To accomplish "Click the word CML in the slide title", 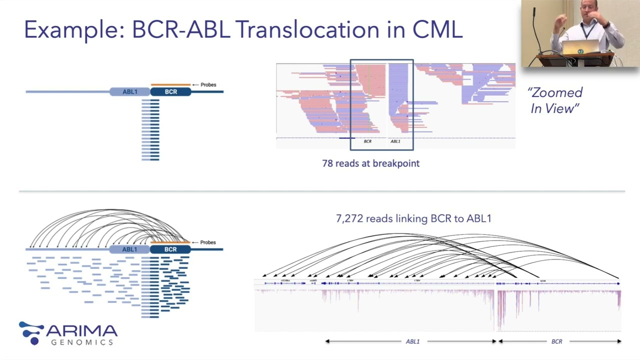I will tap(437, 30).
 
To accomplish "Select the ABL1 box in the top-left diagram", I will tap(130, 92).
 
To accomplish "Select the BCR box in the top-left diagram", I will tap(171, 92).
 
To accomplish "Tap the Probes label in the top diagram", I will tap(208, 84).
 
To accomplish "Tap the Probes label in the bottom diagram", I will tap(208, 242).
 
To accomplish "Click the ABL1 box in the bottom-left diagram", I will tap(129, 249).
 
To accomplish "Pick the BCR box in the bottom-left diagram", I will tap(170, 249).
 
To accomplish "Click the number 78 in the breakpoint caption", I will tap(327, 163).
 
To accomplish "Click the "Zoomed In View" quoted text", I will tap(555, 100).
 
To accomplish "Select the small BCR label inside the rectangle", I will tap(367, 141).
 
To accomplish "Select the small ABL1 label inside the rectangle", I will tap(395, 141).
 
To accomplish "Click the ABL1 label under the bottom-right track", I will tap(412, 341).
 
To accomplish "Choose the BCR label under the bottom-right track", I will tap(556, 341).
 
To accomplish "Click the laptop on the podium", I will tap(580, 48).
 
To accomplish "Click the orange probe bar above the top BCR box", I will tap(170, 85).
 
